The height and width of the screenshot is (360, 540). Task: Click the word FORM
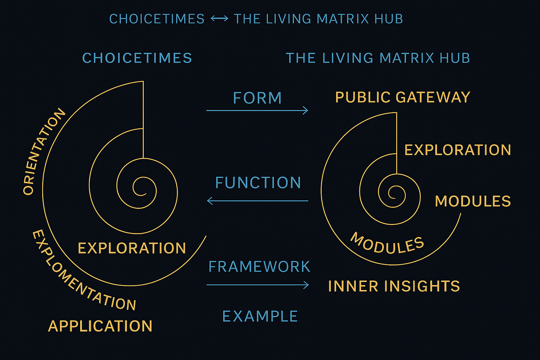coord(257,98)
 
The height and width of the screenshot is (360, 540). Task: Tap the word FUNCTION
coord(258,183)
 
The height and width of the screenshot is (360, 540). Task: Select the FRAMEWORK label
coord(259,267)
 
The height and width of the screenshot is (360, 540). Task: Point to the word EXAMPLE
coord(260,316)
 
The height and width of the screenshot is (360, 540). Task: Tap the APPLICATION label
coord(100,326)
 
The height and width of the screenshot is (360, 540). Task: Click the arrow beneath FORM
coord(257,110)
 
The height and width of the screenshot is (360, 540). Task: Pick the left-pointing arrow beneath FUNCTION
coord(258,201)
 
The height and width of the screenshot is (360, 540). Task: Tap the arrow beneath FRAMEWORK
coord(258,285)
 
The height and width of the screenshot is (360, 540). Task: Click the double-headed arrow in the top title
coord(219,19)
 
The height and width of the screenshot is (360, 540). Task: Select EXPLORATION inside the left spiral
coord(132,248)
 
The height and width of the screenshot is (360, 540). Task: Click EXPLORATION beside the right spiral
coord(458,150)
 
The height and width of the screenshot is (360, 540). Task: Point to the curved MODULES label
coord(387,243)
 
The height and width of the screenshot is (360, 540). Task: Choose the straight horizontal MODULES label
coord(473,201)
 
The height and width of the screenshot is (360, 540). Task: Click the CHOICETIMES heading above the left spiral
coord(137,58)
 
